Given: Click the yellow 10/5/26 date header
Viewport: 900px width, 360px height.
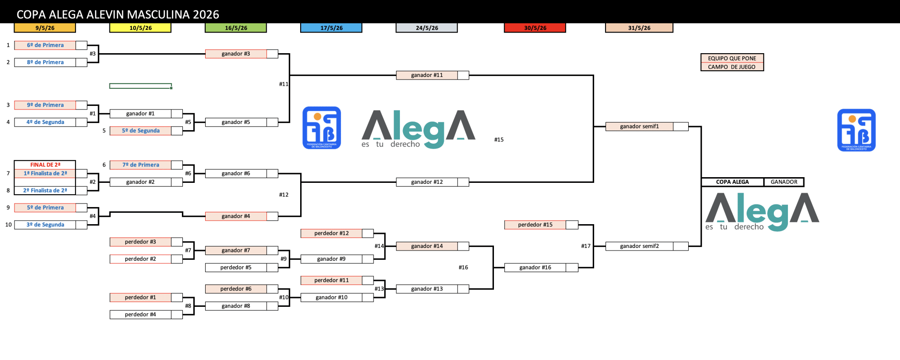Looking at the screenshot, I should tap(140, 28).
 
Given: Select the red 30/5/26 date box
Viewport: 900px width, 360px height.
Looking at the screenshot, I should tap(535, 28).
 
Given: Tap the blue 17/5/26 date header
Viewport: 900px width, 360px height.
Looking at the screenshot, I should tap(331, 28).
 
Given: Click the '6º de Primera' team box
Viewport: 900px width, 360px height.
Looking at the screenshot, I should tap(45, 45).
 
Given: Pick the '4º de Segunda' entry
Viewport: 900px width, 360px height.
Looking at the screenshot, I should tap(45, 122).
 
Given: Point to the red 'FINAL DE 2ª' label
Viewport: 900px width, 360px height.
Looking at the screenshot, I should tap(45, 165).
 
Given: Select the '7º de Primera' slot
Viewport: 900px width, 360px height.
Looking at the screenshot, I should tap(141, 165).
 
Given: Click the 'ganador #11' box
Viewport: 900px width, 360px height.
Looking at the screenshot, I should tap(427, 75).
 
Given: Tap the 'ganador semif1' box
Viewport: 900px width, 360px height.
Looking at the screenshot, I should tap(639, 127).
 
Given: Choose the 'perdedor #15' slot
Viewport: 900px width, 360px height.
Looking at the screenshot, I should tap(535, 225).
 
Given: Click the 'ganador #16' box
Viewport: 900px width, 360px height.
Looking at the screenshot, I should tap(535, 267).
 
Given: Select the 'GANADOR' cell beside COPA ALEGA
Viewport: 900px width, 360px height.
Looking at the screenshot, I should tap(784, 182).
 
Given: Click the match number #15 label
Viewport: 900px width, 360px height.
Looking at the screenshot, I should tap(499, 140).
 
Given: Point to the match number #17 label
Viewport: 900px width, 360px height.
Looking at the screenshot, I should tap(586, 246).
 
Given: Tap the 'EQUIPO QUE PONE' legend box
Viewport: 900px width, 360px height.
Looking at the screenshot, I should tap(732, 58).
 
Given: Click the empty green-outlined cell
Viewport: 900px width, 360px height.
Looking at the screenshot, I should tap(140, 86).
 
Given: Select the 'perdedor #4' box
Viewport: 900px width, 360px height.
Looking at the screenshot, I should tap(140, 314).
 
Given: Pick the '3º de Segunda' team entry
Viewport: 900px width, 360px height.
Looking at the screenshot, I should tap(45, 225).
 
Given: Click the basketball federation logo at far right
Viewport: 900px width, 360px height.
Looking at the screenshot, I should tap(856, 130).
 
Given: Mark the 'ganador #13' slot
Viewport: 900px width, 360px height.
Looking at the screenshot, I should tap(427, 289).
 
